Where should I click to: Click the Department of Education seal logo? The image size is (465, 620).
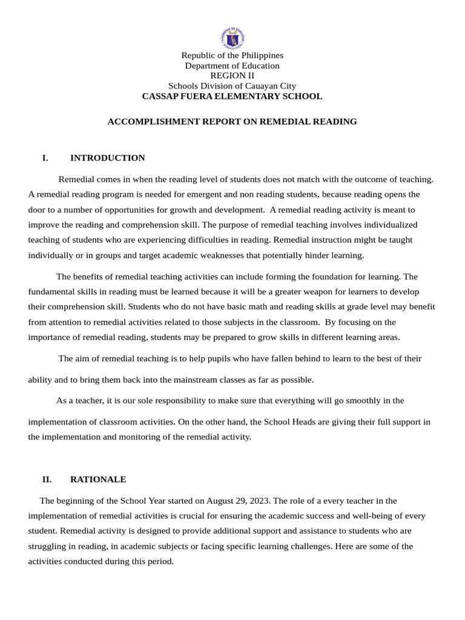pos(232,38)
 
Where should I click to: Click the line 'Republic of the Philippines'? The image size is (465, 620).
pos(232,55)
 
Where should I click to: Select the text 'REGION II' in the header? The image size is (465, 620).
pos(232,76)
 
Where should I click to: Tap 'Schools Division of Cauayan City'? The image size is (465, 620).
pos(232,86)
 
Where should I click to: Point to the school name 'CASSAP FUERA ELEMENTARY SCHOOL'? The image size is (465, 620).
pos(232,96)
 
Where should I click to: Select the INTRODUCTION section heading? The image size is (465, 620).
pos(107,158)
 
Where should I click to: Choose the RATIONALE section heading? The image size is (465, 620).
pos(98,480)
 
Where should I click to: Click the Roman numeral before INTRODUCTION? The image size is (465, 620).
pos(45,158)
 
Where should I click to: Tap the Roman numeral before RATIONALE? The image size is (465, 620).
pos(47,480)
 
